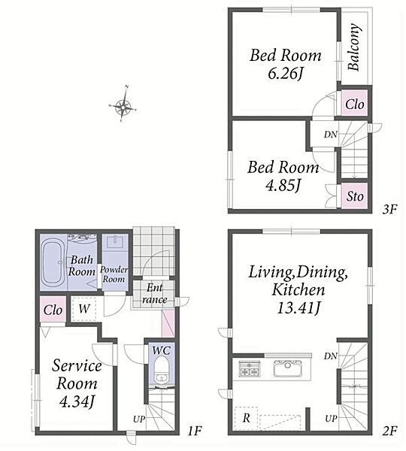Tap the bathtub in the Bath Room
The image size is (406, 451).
click(52, 262)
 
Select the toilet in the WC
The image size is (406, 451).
click(162, 371)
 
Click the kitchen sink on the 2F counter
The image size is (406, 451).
click(287, 368)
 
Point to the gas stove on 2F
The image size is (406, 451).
click(250, 368)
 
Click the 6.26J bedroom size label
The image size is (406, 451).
click(285, 74)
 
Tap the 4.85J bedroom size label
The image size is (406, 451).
click(283, 186)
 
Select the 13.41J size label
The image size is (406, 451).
click(298, 309)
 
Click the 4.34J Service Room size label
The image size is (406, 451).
click(77, 401)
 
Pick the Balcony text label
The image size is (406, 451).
click(354, 47)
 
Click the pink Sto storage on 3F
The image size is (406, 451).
click(354, 196)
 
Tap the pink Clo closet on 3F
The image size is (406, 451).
click(354, 104)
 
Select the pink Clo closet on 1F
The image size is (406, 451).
click(53, 310)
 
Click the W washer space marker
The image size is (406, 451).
click(83, 309)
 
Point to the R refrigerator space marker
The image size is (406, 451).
click(246, 418)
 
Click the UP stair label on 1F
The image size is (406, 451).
click(138, 419)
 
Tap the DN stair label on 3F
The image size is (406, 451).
click(330, 135)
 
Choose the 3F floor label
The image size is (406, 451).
click(389, 209)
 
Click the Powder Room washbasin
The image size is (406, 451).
click(114, 241)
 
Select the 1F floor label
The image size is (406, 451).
click(195, 430)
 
